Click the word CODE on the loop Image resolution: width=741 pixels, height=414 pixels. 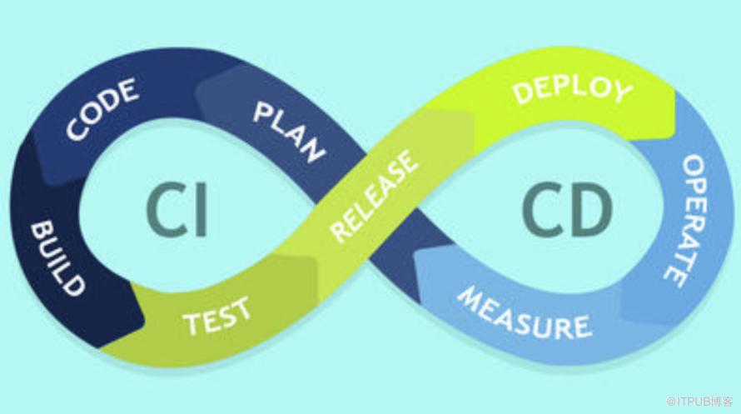[x=102, y=109]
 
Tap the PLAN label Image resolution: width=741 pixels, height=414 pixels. [x=289, y=132]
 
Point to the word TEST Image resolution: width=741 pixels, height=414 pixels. [x=217, y=316]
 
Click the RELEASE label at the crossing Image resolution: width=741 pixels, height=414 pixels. [x=374, y=196]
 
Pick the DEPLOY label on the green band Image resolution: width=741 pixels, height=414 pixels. [x=572, y=90]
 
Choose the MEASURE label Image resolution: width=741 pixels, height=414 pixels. [x=524, y=313]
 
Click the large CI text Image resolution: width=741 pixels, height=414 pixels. [x=177, y=209]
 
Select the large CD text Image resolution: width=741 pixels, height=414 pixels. [x=567, y=209]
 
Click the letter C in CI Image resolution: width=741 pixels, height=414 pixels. [x=166, y=209]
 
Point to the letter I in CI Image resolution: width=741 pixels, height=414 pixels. [x=201, y=209]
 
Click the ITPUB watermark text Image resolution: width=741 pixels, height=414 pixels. [x=700, y=402]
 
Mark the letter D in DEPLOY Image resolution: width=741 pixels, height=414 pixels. [x=523, y=93]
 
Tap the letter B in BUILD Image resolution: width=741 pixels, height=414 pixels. [x=42, y=230]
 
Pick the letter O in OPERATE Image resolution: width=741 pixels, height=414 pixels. [x=694, y=167]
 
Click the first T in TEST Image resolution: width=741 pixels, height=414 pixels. [x=193, y=324]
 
